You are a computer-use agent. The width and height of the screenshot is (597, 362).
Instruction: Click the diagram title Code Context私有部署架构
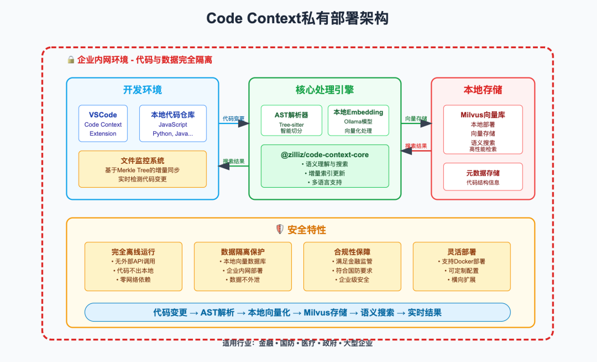[298, 18]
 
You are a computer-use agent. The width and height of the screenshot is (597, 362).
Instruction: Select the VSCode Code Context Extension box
[103, 123]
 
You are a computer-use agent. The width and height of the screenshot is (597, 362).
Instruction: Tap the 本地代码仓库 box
[172, 123]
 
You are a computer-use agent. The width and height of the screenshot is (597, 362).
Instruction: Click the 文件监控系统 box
[143, 169]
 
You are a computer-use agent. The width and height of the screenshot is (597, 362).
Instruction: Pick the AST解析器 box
[291, 120]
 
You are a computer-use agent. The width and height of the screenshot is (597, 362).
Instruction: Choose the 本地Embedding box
[358, 120]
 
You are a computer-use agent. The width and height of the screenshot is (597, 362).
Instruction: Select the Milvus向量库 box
[483, 129]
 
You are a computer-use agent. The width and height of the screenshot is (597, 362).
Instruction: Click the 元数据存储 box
[483, 177]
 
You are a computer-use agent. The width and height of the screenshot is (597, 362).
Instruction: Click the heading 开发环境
[143, 90]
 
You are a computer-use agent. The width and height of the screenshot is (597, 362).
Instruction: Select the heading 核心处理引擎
[325, 90]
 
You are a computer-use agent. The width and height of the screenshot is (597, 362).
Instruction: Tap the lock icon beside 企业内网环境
[71, 60]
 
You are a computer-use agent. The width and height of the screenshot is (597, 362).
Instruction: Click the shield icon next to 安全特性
[280, 230]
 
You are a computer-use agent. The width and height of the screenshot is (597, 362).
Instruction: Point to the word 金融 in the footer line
[266, 343]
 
